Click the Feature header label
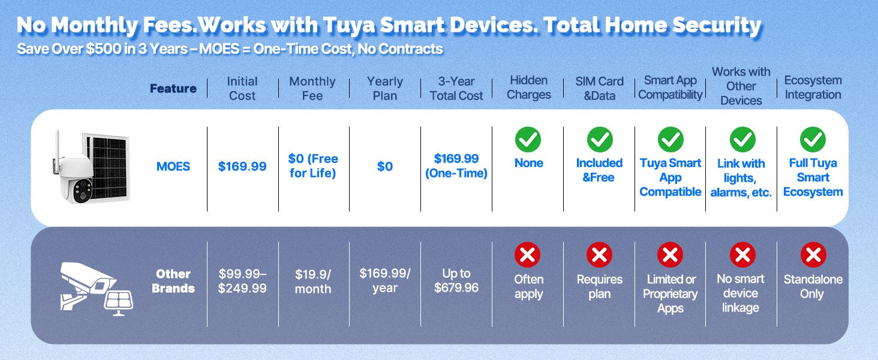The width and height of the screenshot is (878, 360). coord(173,89)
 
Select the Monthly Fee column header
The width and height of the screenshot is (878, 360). coord(312,89)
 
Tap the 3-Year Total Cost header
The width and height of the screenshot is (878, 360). coord(456,89)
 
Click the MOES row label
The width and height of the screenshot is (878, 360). coord(173,166)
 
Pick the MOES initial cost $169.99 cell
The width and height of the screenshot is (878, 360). coord(242,166)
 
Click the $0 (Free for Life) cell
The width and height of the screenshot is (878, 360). coord(313,166)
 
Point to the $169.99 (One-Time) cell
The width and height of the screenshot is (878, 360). coord(456,166)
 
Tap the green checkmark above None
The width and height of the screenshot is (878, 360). coord(528,140)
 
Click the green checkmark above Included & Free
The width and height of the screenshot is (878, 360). coord(600,140)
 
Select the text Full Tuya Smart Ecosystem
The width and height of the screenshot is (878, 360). coord(813,177)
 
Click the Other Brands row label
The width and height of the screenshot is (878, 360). coord(173,281)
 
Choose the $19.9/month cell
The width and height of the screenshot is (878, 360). coord(313,281)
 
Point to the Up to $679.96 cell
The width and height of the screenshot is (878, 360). coord(456,280)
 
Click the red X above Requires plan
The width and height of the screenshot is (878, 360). coord(599,255)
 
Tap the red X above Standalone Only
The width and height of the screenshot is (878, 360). coord(813,255)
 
